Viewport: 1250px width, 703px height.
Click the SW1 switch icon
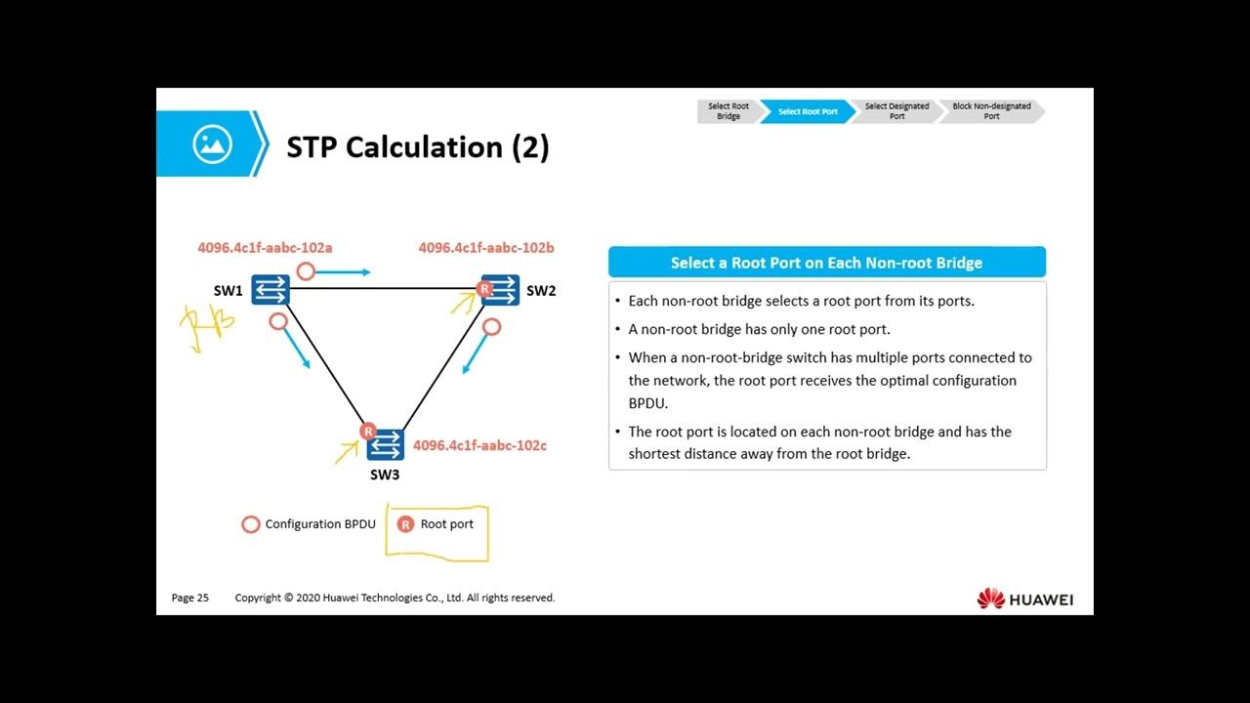(x=271, y=289)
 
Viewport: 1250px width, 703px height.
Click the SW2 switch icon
(x=502, y=289)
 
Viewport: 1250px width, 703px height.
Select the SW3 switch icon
(x=386, y=444)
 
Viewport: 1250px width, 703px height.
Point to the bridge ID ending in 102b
(x=486, y=248)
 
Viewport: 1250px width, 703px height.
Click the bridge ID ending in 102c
(x=479, y=445)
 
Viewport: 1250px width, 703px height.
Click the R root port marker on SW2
(x=482, y=288)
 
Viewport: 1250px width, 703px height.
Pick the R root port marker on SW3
(x=368, y=431)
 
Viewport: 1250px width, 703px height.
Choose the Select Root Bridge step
(x=728, y=111)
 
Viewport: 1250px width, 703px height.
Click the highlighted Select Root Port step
(x=808, y=111)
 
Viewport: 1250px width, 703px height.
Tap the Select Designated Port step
(x=896, y=111)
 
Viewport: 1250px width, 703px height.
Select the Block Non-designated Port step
(x=991, y=111)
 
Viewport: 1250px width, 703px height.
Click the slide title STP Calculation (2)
(x=418, y=147)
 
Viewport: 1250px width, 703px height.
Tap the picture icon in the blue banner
(x=212, y=144)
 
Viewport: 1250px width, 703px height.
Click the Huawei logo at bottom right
(x=1024, y=599)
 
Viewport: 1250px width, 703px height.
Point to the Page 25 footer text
(x=190, y=598)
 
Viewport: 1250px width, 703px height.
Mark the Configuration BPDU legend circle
(x=251, y=524)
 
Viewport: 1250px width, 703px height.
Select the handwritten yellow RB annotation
(x=207, y=324)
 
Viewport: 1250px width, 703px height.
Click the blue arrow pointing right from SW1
(x=349, y=272)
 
